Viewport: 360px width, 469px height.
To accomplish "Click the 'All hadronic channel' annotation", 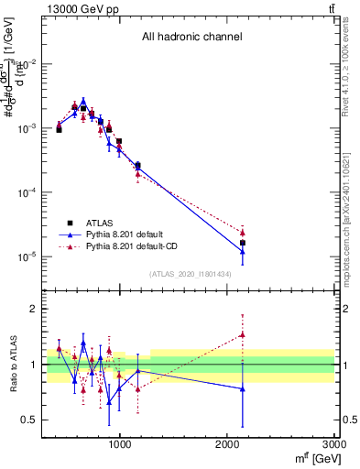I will tap(191, 38).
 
